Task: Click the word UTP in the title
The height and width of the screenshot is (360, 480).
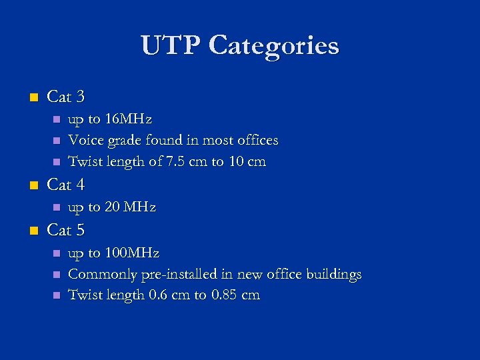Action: (x=170, y=46)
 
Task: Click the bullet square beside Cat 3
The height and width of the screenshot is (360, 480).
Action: (x=33, y=97)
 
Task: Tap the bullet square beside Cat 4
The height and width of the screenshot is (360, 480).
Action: (x=33, y=185)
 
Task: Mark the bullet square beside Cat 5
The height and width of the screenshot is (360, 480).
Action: (x=33, y=231)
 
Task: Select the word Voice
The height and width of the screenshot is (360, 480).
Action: (x=86, y=141)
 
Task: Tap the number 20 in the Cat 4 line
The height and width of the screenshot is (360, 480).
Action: (x=113, y=207)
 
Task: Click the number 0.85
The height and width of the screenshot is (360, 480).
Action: (x=225, y=295)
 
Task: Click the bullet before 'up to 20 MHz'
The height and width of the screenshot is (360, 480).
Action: (x=57, y=207)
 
